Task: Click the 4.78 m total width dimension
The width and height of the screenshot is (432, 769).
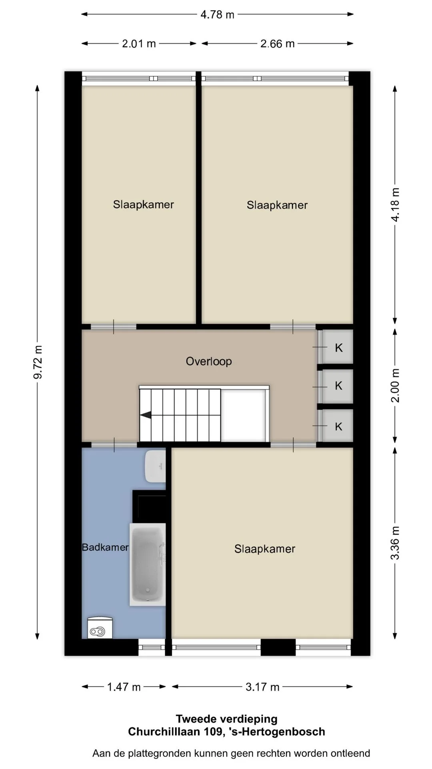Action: tap(217, 14)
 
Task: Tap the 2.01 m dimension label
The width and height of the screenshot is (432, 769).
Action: tap(139, 44)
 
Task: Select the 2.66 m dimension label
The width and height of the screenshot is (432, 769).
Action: tap(277, 44)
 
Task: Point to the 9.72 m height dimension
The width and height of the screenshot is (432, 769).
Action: tap(38, 362)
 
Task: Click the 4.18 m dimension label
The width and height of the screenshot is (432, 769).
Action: tap(395, 204)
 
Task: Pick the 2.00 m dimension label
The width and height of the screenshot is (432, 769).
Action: tap(395, 385)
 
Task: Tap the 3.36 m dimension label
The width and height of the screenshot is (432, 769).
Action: tap(395, 543)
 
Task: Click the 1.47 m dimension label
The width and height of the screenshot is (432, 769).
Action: tap(124, 687)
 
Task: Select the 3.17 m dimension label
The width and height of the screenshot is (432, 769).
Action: tap(262, 687)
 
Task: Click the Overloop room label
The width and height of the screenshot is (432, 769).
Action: tap(209, 361)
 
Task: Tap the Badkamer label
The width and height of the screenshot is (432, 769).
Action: tap(105, 547)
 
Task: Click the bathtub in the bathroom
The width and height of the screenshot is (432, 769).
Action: tap(148, 564)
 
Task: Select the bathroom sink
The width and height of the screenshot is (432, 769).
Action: tap(156, 466)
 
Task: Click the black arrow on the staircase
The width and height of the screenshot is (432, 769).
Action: tap(146, 415)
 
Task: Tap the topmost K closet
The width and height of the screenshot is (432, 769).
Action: tap(338, 347)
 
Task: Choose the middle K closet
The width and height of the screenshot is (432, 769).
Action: tap(338, 386)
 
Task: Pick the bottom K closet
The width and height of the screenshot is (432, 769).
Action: tap(338, 426)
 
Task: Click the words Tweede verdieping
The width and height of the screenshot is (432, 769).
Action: tap(226, 719)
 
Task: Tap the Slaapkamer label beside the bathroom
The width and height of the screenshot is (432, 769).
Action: tap(265, 549)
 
